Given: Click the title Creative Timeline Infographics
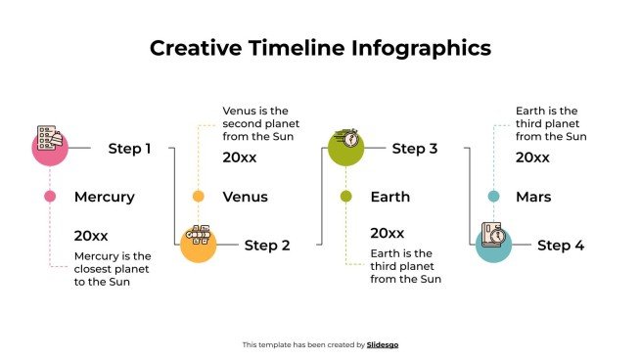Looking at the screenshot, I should click(320, 48).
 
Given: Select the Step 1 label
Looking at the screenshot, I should click(129, 149).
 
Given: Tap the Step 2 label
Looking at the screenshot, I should click(267, 246).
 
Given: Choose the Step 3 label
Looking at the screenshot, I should click(415, 149).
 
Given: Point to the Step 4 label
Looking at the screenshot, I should click(561, 246).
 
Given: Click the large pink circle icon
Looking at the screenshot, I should click(50, 148).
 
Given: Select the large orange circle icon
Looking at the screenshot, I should click(198, 244).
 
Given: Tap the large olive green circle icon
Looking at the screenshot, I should click(344, 148).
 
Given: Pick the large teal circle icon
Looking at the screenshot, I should click(493, 244).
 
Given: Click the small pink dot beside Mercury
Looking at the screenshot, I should click(50, 197).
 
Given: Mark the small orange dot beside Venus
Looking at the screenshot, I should click(198, 197).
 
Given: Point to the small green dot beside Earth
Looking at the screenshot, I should click(345, 197).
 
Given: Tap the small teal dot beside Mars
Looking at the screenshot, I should click(493, 197).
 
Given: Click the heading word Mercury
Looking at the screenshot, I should click(104, 197).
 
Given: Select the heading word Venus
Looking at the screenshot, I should click(245, 197).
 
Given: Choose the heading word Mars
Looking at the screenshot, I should click(533, 197).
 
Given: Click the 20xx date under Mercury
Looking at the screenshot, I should click(91, 235).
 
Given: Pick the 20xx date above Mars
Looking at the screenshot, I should click(532, 157).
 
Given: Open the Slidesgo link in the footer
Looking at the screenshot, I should click(383, 344).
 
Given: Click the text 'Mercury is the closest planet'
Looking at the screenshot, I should click(113, 256).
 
